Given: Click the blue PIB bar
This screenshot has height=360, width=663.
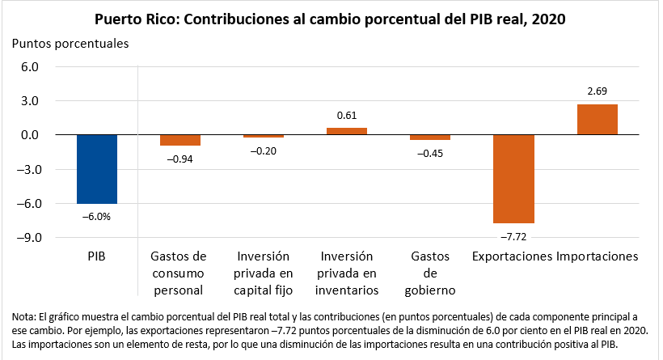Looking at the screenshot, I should tap(97, 169).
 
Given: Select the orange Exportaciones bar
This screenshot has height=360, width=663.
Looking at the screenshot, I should tap(513, 179).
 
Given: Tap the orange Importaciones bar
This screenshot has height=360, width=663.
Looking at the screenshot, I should tap(597, 120).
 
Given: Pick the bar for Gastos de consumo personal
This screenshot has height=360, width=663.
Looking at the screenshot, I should tap(179, 140).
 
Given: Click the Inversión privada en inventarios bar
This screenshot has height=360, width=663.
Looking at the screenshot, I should tap(347, 131).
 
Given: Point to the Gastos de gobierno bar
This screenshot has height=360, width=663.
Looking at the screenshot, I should tap(430, 138).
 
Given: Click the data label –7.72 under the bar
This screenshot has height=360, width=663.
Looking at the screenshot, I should tap(513, 237).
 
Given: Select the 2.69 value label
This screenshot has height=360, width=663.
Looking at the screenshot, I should tap(597, 91).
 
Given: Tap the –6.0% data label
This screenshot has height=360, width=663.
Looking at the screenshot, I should tap(97, 216).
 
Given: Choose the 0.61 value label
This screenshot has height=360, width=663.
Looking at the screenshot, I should tap(347, 116).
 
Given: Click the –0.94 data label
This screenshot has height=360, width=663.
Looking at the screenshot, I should tap(179, 159).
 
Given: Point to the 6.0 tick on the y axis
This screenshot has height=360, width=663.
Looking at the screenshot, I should tap(30, 67).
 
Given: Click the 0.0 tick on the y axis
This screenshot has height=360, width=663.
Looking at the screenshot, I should tap(30, 135).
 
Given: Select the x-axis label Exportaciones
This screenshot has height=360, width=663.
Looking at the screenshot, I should tap(513, 256).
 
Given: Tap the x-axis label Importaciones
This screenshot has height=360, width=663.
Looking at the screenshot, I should tap(598, 256).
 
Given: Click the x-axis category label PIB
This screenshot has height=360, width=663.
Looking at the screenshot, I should tap(97, 256).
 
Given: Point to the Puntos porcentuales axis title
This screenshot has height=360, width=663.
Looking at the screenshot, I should tap(71, 44).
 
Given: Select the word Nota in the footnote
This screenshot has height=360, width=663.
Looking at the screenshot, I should tap(25, 316).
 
